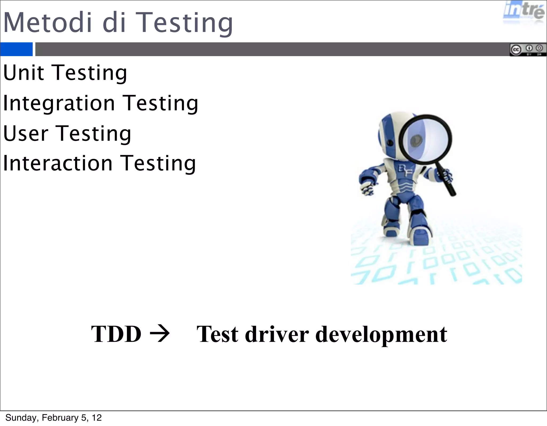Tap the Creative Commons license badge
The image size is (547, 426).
tap(528, 49)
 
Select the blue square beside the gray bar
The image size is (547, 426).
tap(16, 49)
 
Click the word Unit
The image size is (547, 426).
tap(24, 73)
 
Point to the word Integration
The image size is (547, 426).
tap(59, 103)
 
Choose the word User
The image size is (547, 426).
tap(26, 133)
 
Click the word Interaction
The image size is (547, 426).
tap(58, 163)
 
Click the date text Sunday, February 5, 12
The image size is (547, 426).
tap(53, 418)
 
